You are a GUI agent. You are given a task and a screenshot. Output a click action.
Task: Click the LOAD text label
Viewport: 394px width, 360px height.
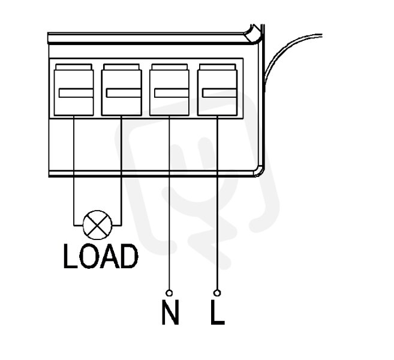pos(101,256)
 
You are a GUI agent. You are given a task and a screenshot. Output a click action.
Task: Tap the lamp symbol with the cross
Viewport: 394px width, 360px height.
pos(98,225)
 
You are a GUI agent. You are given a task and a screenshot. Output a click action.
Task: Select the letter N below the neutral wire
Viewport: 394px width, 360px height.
pos(170,312)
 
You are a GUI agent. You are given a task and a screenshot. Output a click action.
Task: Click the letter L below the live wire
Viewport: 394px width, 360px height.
pos(217,312)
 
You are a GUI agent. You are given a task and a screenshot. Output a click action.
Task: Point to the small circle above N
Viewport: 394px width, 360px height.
pos(169,293)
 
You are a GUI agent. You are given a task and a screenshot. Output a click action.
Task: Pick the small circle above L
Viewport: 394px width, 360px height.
pos(217,293)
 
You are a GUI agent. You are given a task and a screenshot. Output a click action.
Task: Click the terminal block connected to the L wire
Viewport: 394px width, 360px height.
pos(217,90)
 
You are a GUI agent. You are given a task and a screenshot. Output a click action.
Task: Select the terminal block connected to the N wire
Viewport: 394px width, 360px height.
pos(169,90)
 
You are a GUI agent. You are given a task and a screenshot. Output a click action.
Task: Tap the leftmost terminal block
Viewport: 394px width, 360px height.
pos(74,90)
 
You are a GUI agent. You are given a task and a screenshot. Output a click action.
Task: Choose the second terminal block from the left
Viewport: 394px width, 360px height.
pos(121,90)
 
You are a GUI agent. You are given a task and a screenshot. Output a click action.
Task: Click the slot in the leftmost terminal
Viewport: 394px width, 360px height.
pos(76,93)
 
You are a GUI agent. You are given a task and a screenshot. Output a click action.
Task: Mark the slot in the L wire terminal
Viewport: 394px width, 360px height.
pos(219,93)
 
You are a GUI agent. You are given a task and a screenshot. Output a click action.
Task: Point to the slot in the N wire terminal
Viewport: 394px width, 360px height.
pos(172,93)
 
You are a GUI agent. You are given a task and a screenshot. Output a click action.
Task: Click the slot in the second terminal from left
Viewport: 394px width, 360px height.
pos(124,93)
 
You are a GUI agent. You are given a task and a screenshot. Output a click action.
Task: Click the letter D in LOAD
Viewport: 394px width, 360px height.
pos(129,256)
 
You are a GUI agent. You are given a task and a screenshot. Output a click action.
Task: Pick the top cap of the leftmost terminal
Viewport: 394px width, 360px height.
pos(74,67)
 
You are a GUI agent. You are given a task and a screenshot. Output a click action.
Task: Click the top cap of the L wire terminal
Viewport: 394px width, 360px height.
pos(217,67)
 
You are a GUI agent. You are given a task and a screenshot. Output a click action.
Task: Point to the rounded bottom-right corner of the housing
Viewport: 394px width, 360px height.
pos(259,172)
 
